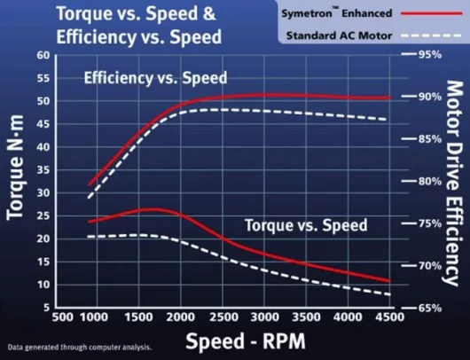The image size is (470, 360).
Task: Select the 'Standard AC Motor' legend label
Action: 341,36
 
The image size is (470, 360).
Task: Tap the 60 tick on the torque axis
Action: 42,55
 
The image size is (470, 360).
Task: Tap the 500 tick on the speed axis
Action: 63,317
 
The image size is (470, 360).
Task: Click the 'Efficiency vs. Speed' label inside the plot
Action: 155,78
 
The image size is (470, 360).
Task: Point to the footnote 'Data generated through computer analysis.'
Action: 78,347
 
